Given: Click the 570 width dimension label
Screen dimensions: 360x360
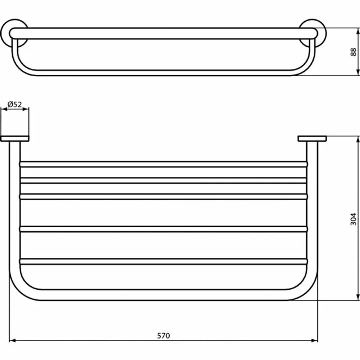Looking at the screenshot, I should (163, 335).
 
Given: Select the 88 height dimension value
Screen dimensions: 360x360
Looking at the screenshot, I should (354, 52).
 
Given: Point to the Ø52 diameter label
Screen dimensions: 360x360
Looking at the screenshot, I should (15, 104).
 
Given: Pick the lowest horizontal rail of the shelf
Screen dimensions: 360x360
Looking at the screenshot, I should (163, 261).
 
